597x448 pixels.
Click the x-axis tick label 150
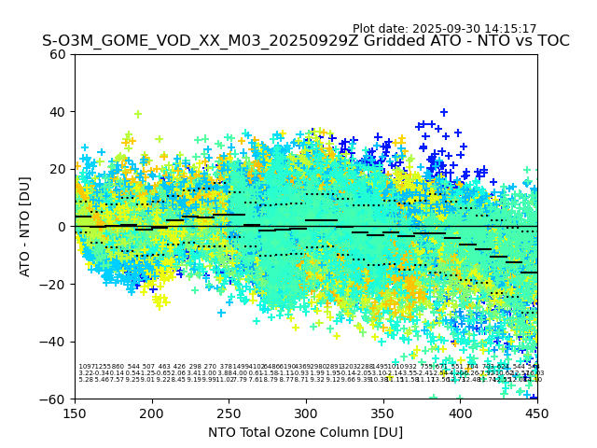tap(75, 413)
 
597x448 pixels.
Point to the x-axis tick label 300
tap(306, 413)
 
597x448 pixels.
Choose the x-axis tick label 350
tap(383, 413)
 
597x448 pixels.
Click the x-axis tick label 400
tap(460, 413)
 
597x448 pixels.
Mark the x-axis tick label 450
tap(537, 413)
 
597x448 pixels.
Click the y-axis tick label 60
tap(59, 54)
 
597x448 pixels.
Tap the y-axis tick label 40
tap(59, 112)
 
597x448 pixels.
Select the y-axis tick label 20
tap(59, 169)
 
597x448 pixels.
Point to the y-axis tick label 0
tap(62, 227)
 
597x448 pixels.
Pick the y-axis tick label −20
tap(55, 284)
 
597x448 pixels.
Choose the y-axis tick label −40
tap(55, 342)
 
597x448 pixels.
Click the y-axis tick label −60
tap(55, 399)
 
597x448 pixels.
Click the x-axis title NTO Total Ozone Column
tap(306, 432)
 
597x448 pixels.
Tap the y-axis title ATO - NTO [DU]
tap(26, 227)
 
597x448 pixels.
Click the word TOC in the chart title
tap(553, 41)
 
